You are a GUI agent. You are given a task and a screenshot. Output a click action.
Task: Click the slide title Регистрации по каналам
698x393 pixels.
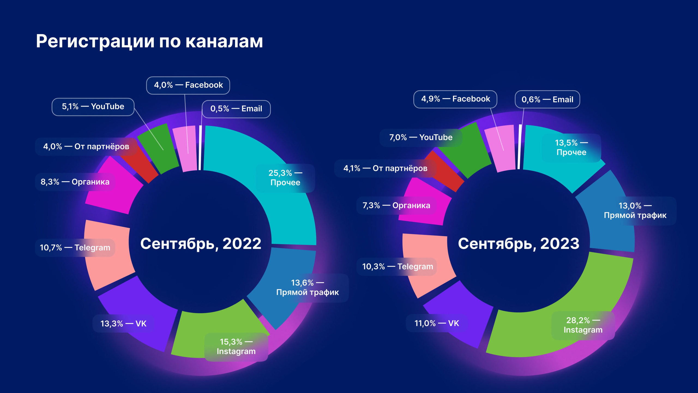(x=149, y=41)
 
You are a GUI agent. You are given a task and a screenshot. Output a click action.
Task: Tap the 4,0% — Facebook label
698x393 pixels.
(x=188, y=85)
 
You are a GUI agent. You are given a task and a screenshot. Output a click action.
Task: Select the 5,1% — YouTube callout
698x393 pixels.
(x=93, y=107)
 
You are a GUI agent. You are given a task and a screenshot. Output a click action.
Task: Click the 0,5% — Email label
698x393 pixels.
(x=236, y=109)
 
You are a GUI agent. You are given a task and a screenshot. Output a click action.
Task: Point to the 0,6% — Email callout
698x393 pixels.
(x=547, y=100)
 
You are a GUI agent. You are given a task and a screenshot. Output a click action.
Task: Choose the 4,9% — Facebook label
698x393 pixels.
(x=455, y=99)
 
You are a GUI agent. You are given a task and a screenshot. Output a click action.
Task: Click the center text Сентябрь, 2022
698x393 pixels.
(x=201, y=243)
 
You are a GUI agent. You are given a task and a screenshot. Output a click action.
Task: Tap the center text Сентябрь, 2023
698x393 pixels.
(x=519, y=243)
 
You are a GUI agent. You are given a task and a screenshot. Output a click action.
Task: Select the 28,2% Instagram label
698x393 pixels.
(x=583, y=325)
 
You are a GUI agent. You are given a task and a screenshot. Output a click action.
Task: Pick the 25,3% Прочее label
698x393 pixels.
(x=285, y=178)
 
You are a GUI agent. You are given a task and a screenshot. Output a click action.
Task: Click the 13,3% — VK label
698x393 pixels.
(x=123, y=324)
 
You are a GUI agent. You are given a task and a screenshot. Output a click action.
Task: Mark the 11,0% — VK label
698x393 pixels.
(x=437, y=323)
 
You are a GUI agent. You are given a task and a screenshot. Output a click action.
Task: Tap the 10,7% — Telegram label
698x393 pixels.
(x=75, y=248)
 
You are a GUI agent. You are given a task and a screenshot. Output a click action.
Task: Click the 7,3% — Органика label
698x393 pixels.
(x=396, y=206)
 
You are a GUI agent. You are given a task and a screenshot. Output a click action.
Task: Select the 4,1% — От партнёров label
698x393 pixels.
(x=385, y=168)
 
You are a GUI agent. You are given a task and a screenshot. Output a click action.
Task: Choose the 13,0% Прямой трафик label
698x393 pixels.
(x=635, y=211)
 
